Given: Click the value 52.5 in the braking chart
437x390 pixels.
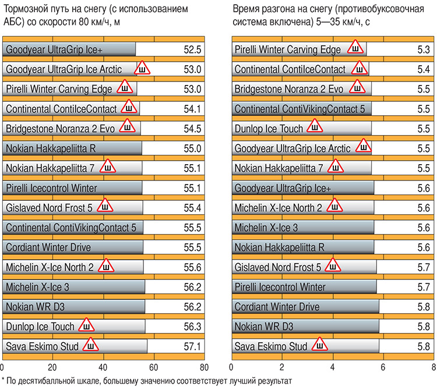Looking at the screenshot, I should [x=191, y=50].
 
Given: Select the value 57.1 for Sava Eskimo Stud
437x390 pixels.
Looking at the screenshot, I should [x=191, y=347].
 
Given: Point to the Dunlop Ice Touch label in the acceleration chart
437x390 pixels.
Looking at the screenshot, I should [x=269, y=129].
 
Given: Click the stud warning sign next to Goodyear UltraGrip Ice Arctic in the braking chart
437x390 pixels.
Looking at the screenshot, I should [x=143, y=69].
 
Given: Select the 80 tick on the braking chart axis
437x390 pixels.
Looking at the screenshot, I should [x=203, y=368].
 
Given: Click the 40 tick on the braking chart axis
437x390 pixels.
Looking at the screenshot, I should [x=103, y=368].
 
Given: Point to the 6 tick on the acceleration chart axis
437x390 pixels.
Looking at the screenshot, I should [x=383, y=368].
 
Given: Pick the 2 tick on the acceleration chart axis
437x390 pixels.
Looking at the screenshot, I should [x=282, y=368].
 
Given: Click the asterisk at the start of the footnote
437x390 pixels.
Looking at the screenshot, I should [x=3, y=380].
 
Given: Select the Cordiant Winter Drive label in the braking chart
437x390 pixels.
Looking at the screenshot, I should [x=48, y=248].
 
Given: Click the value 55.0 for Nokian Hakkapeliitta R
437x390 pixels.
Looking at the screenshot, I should [x=191, y=149].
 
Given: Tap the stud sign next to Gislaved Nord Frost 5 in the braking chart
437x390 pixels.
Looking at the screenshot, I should [x=105, y=207].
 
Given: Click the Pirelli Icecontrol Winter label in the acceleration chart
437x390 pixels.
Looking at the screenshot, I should [x=280, y=288].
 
